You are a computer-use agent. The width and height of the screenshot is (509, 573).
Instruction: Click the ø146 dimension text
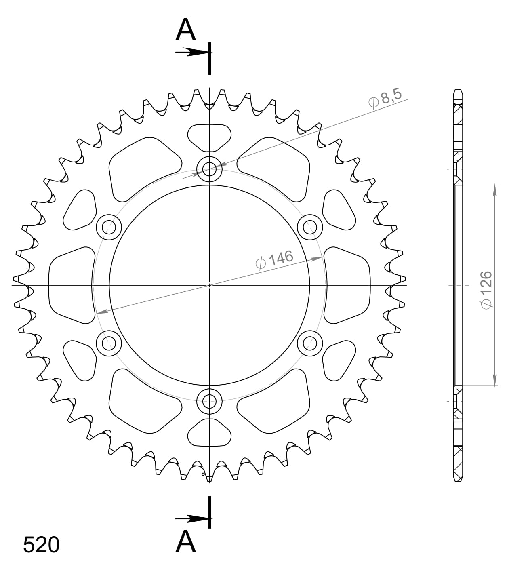tap(274, 259)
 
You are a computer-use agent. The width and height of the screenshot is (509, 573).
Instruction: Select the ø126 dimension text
tap(486, 290)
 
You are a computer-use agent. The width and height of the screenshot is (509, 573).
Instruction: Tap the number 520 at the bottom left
tap(41, 545)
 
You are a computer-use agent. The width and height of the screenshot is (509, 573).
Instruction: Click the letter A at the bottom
tap(185, 541)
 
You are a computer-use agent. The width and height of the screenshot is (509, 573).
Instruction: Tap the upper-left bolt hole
tap(109, 227)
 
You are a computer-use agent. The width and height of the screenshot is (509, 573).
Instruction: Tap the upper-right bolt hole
tap(310, 227)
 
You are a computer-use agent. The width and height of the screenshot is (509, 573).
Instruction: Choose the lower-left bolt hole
tap(109, 343)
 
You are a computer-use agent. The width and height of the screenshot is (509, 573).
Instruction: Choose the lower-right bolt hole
tap(310, 343)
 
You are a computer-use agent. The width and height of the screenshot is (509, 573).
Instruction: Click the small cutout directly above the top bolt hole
tap(209, 137)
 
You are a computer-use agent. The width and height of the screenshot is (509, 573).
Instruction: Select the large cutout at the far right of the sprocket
tap(347, 285)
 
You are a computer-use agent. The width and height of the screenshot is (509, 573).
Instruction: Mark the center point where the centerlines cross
tap(209, 285)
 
